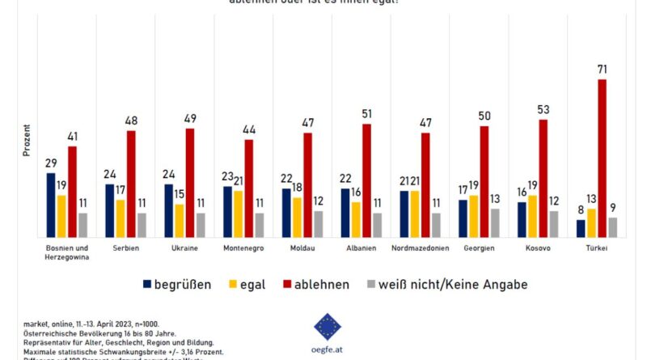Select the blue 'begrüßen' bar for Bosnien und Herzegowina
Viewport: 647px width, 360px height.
point(51,205)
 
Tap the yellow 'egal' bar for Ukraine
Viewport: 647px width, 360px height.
point(180,220)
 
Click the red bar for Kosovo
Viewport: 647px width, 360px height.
point(543,178)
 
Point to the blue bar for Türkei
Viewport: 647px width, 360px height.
point(581,228)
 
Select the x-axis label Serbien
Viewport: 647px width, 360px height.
point(125,248)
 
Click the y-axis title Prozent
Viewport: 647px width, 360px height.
point(27,141)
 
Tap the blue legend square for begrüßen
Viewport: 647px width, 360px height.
point(147,284)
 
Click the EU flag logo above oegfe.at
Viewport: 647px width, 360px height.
point(328,326)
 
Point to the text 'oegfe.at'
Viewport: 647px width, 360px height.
point(328,349)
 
